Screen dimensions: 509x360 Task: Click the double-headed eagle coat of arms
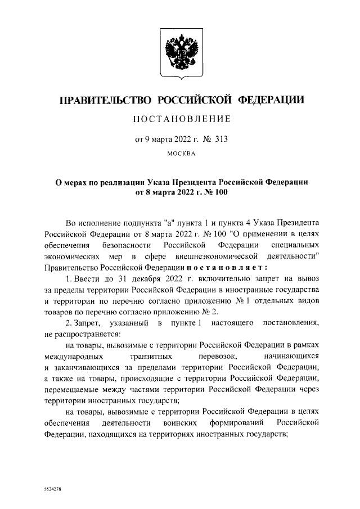(179, 51)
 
